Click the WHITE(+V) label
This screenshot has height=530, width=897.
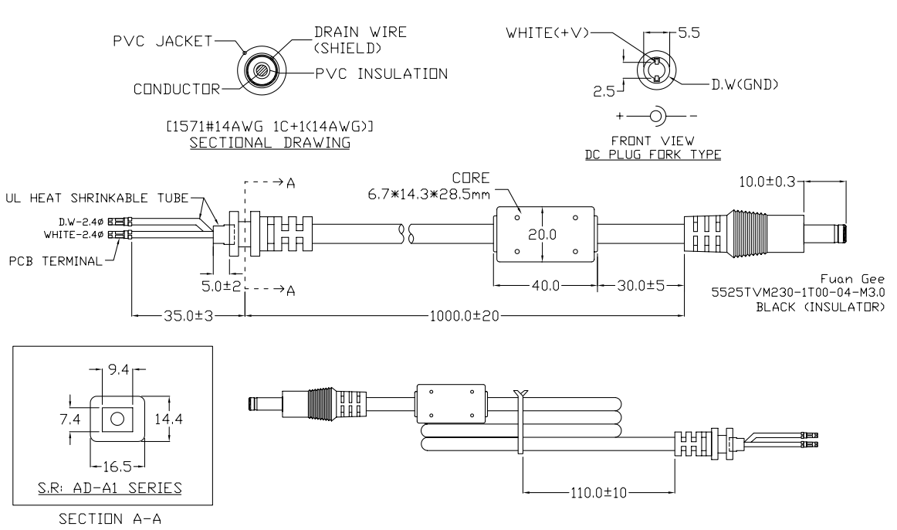coord(548,35)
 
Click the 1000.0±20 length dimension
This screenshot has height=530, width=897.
coord(464,315)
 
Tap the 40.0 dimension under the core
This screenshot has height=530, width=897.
coord(546,286)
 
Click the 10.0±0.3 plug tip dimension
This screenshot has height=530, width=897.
coord(767,182)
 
